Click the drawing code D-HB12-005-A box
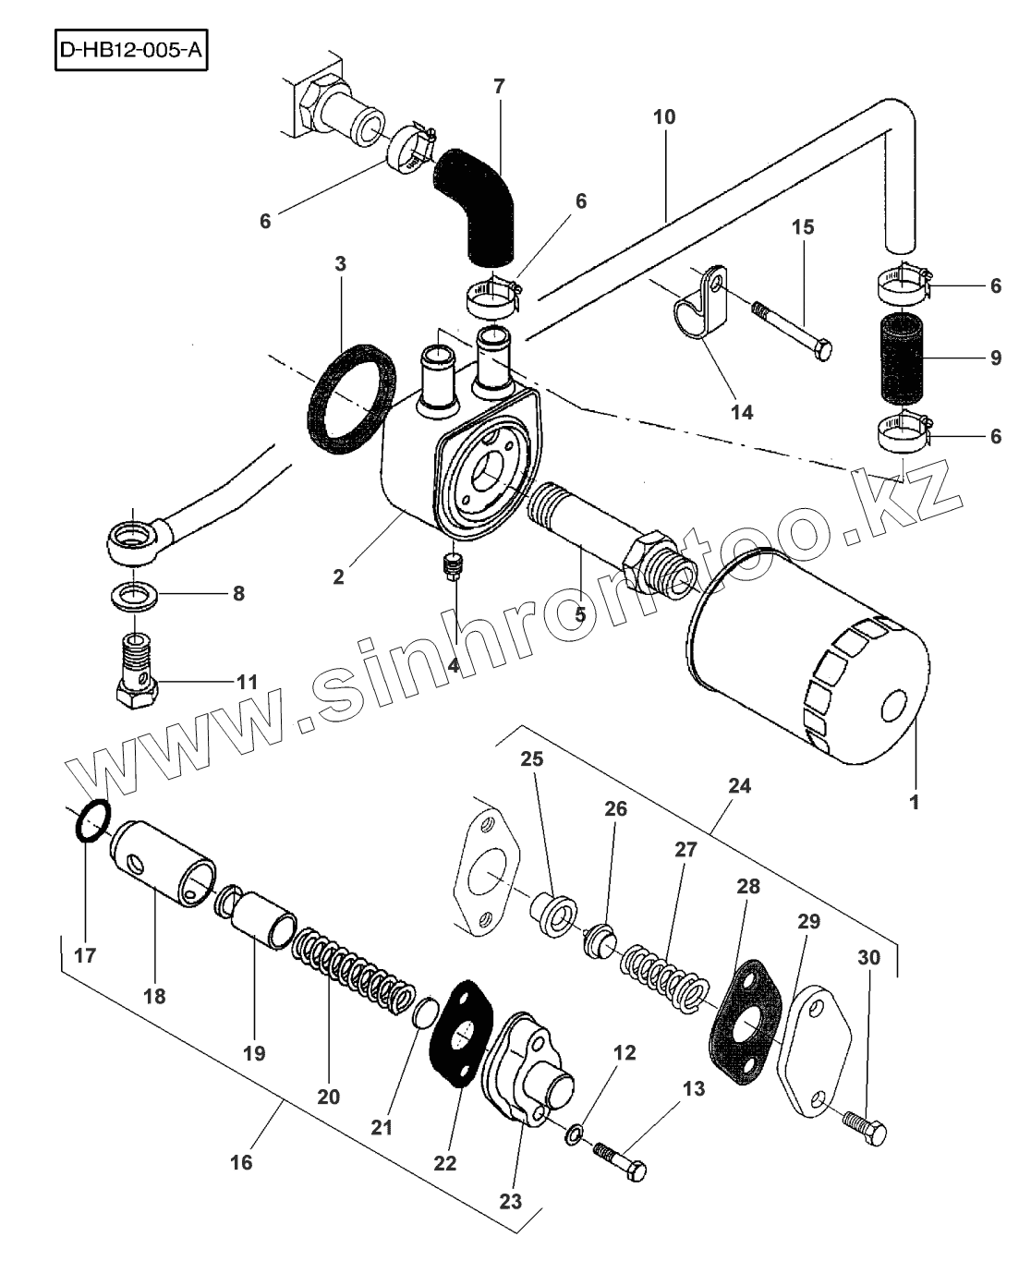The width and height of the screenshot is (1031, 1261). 127,51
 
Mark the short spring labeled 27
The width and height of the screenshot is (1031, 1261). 663,976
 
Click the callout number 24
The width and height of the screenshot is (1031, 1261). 739,786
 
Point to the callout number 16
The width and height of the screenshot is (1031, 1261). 241,1162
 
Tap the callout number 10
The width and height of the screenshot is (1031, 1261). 664,116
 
